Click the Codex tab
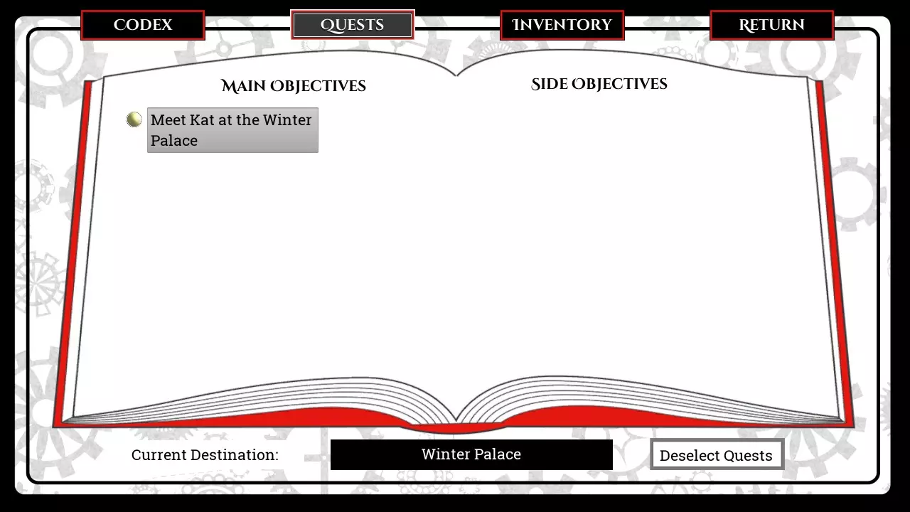pyautogui.click(x=143, y=25)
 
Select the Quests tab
pyautogui.click(x=352, y=25)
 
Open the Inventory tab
pyautogui.click(x=562, y=25)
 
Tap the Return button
pyautogui.click(x=771, y=25)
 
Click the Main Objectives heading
pyautogui.click(x=294, y=86)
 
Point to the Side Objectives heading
pyautogui.click(x=599, y=84)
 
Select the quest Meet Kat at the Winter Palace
pyautogui.click(x=232, y=130)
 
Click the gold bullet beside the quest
pyautogui.click(x=134, y=119)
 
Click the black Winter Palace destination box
pyautogui.click(x=471, y=454)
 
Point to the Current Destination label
pyautogui.click(x=205, y=455)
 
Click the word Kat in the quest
pyautogui.click(x=202, y=120)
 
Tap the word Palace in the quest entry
pyautogui.click(x=174, y=141)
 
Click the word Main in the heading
pyautogui.click(x=243, y=86)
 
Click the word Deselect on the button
pyautogui.click(x=688, y=456)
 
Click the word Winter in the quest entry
pyautogui.click(x=287, y=120)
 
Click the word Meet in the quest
pyautogui.click(x=168, y=120)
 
